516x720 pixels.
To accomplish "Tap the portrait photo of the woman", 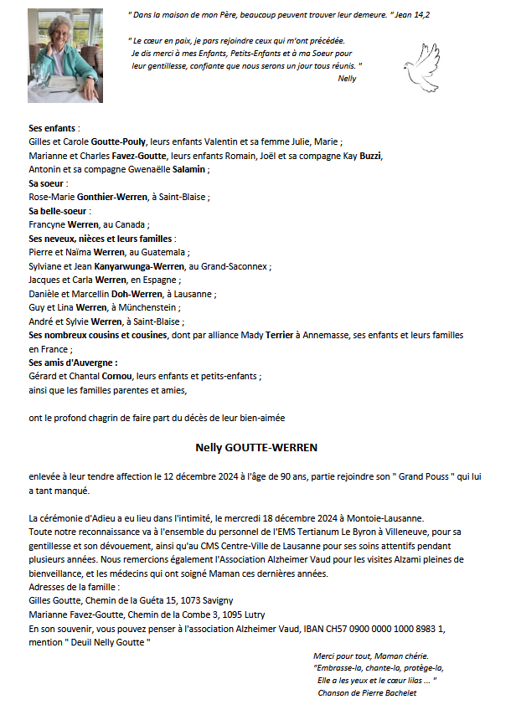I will pos(65,55).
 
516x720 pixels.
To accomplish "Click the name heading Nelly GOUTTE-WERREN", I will pos(257,447).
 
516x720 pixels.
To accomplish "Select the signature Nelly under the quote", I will pos(346,79).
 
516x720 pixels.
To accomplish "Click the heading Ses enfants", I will pos(54,129).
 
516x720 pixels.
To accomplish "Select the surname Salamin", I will pos(190,170).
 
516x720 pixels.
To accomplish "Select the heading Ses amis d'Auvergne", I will pos(73,363).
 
